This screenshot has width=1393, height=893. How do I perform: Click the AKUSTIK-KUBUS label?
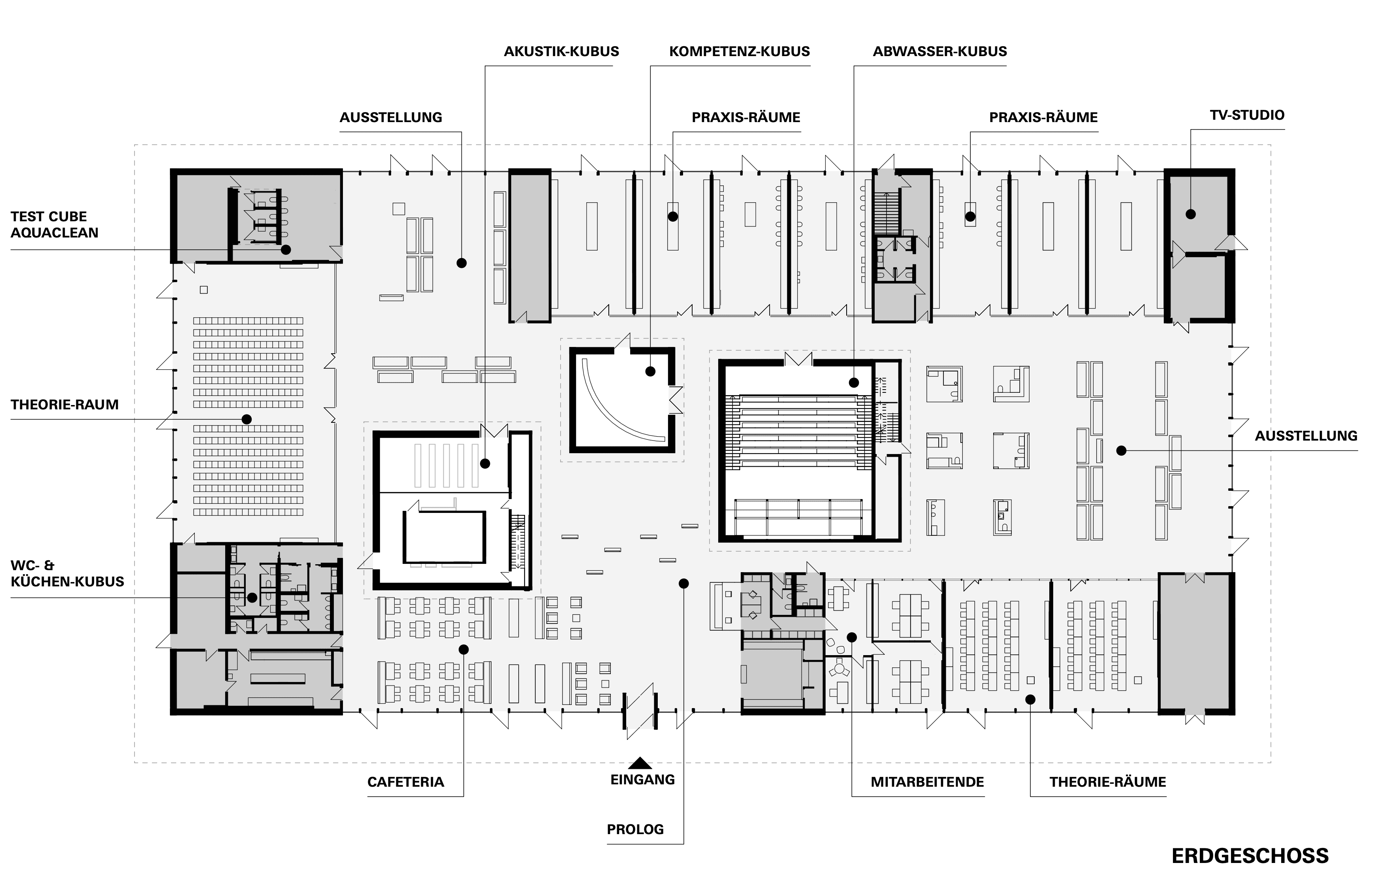tap(561, 52)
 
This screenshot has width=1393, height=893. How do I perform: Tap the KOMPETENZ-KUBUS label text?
tap(739, 52)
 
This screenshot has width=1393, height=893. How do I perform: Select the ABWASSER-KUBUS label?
tap(940, 52)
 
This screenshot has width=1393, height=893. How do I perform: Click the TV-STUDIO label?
tap(1247, 115)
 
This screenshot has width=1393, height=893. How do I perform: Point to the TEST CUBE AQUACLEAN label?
tap(54, 224)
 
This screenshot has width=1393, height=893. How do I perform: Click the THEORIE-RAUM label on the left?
tap(64, 405)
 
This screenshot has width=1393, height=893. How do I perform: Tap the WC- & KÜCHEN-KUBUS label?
tap(67, 573)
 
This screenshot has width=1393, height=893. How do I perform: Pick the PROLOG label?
tap(635, 829)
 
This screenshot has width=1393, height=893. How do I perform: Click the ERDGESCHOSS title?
tap(1250, 856)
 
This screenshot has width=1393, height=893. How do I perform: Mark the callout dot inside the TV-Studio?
tap(1191, 214)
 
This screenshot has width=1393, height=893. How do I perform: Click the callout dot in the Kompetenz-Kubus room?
tap(650, 371)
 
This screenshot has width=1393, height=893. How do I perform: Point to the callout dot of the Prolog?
tap(683, 583)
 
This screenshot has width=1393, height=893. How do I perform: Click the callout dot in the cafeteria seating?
tap(463, 650)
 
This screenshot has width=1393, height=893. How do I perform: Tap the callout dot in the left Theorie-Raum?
tap(247, 419)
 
